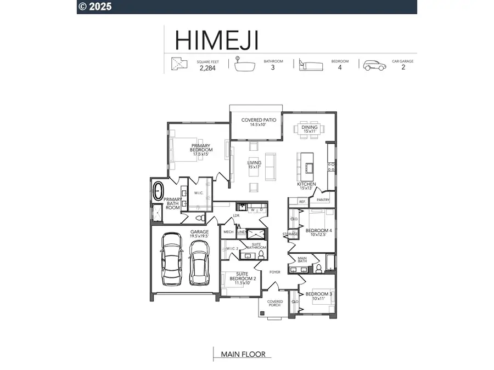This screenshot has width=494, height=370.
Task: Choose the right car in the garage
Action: click(x=199, y=261)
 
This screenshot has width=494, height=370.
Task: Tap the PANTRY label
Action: click(x=323, y=200)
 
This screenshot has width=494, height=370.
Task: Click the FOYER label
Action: click(x=274, y=271)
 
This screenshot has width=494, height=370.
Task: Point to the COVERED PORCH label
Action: click(x=274, y=303)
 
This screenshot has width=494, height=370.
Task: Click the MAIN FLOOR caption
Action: click(x=243, y=354)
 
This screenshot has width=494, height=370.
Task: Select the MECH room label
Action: click(x=228, y=232)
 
